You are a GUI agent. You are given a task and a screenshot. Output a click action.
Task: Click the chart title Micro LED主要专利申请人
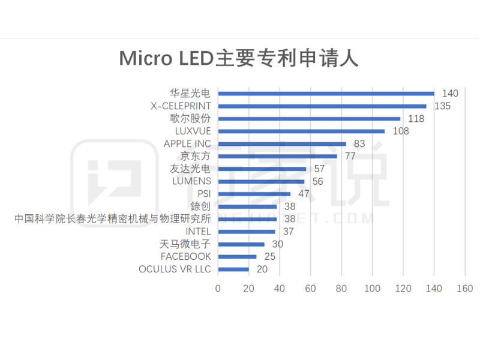tap(239, 59)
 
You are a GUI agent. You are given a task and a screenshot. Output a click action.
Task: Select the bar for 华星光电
tap(326, 94)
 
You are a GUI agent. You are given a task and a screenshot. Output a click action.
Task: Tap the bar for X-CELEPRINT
tap(322, 106)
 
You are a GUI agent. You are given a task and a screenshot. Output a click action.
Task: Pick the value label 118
tap(416, 119)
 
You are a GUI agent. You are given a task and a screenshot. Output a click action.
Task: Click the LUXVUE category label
tap(193, 131)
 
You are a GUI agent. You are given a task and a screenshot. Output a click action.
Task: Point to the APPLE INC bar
tap(282, 144)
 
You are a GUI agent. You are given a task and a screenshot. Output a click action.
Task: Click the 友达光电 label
tap(190, 169)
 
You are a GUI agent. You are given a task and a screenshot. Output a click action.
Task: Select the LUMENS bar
tap(261, 181)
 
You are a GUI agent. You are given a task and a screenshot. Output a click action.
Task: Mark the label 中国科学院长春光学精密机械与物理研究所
tap(113, 219)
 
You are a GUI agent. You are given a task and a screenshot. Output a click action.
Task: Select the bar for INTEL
tap(247, 232)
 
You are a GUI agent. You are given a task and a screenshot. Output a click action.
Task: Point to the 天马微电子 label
tap(185, 244)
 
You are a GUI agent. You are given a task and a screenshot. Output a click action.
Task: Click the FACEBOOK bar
tap(237, 257)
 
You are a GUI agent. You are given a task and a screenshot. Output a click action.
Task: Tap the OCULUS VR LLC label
tap(175, 269)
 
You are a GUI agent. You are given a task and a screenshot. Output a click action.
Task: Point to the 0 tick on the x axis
tap(218, 289)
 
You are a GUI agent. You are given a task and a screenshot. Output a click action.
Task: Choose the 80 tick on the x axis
tap(341, 289)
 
